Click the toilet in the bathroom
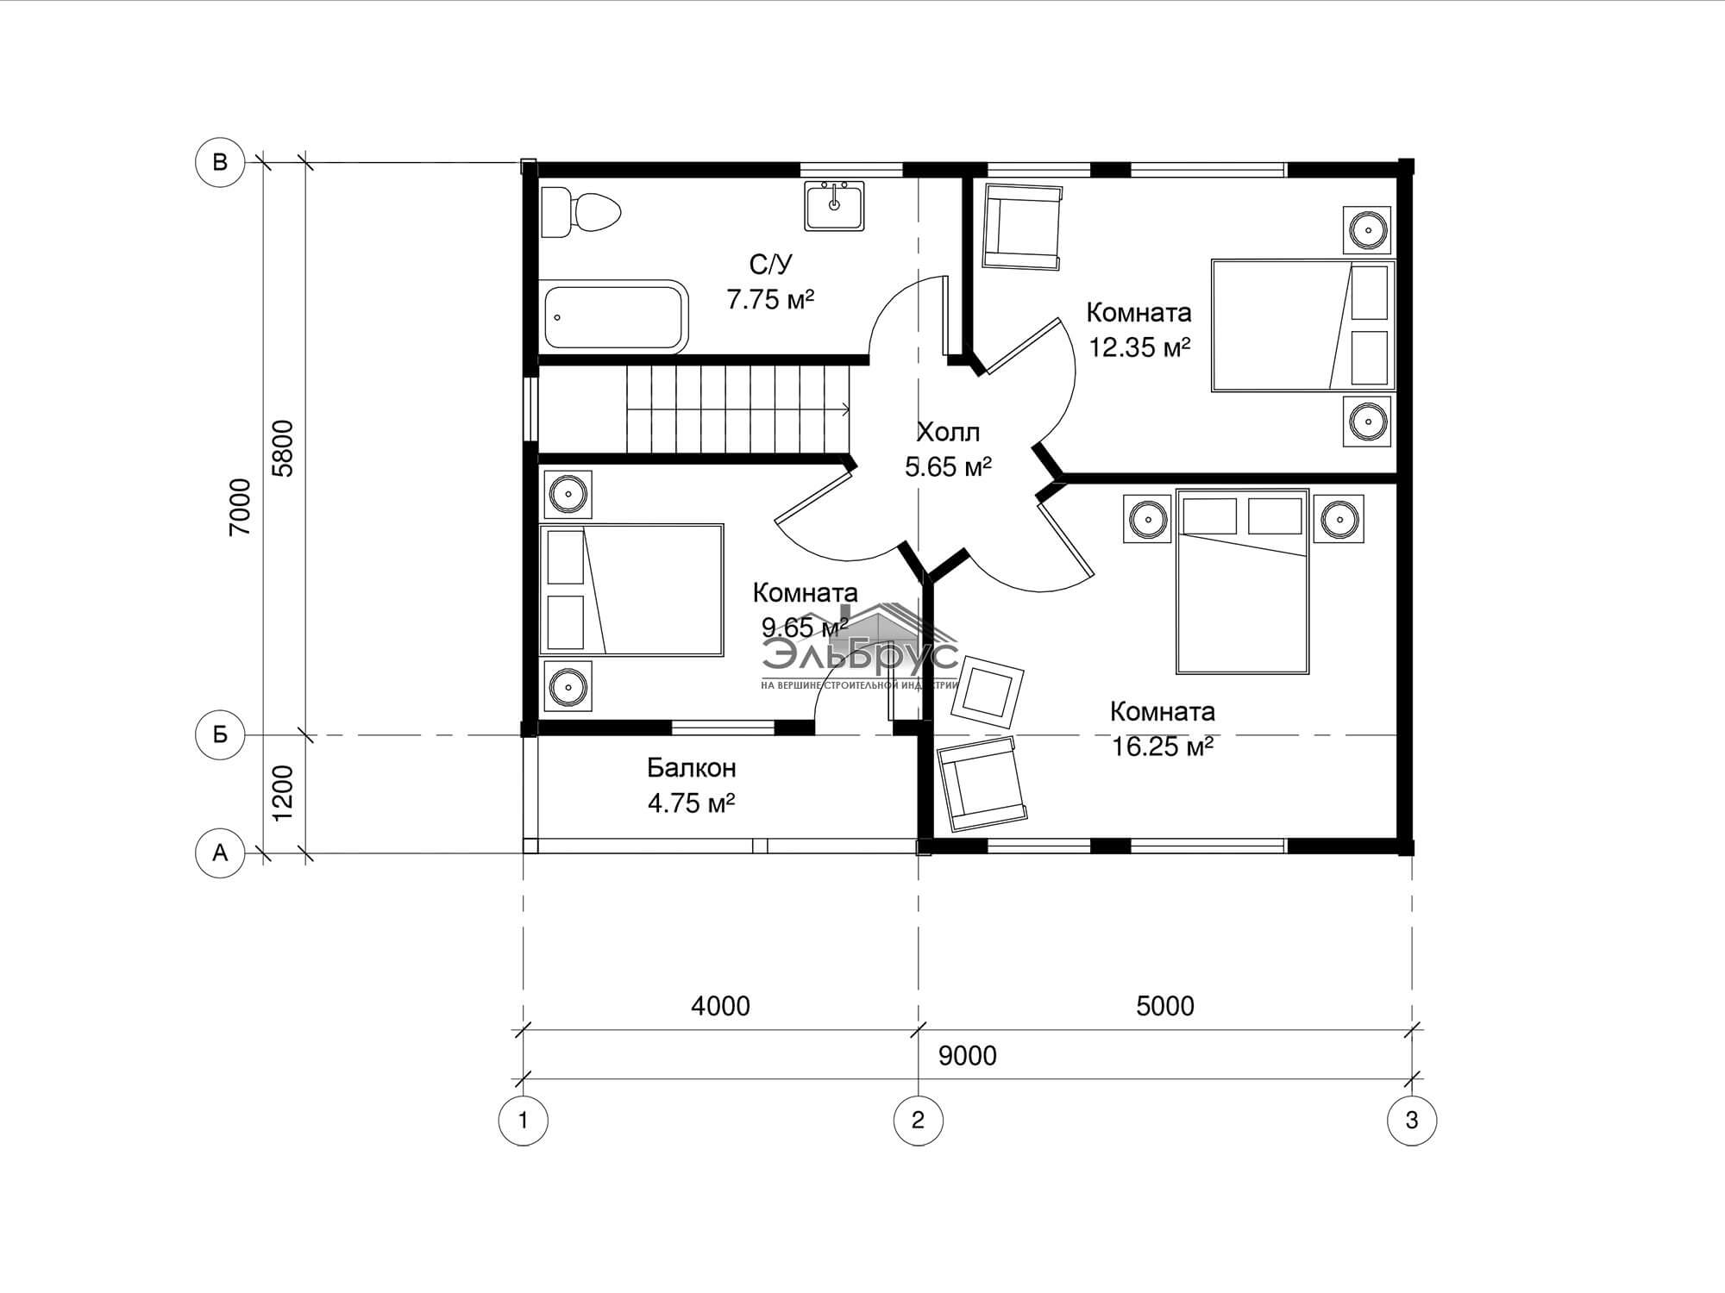pyautogui.click(x=580, y=212)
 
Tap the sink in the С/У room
pyautogui.click(x=834, y=205)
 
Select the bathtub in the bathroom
pyautogui.click(x=615, y=315)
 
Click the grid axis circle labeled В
pyautogui.click(x=220, y=162)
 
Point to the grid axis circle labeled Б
pyautogui.click(x=220, y=734)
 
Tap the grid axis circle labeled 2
pyautogui.click(x=918, y=1120)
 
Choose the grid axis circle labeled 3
pyautogui.click(x=1412, y=1120)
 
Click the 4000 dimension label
pyautogui.click(x=721, y=1006)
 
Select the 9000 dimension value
pyautogui.click(x=968, y=1055)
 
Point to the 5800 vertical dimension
pyautogui.click(x=283, y=448)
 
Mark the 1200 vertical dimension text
pyautogui.click(x=283, y=793)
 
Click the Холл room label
pyautogui.click(x=948, y=432)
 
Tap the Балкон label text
pyautogui.click(x=692, y=767)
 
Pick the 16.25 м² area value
pyautogui.click(x=1163, y=746)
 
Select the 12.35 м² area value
pyautogui.click(x=1139, y=347)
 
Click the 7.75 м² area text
pyautogui.click(x=770, y=299)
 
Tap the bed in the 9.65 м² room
pyautogui.click(x=631, y=590)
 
